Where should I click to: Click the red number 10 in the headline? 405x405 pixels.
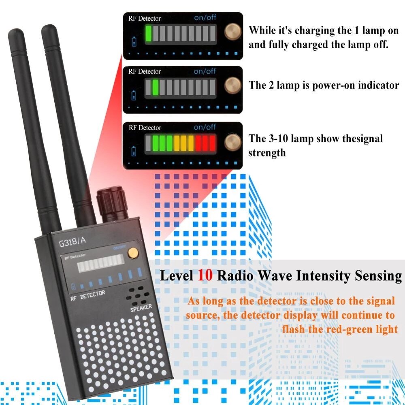[205, 276]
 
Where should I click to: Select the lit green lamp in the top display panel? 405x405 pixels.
[148, 34]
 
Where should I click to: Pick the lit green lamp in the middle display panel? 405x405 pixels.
[155, 87]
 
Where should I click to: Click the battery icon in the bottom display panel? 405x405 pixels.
[135, 151]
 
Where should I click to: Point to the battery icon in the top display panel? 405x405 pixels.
[135, 41]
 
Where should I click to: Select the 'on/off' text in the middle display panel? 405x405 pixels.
[205, 71]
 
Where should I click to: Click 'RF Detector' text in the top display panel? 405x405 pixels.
[145, 18]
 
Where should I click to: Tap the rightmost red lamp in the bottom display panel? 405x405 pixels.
[211, 143]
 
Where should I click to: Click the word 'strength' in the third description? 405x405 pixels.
[267, 153]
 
